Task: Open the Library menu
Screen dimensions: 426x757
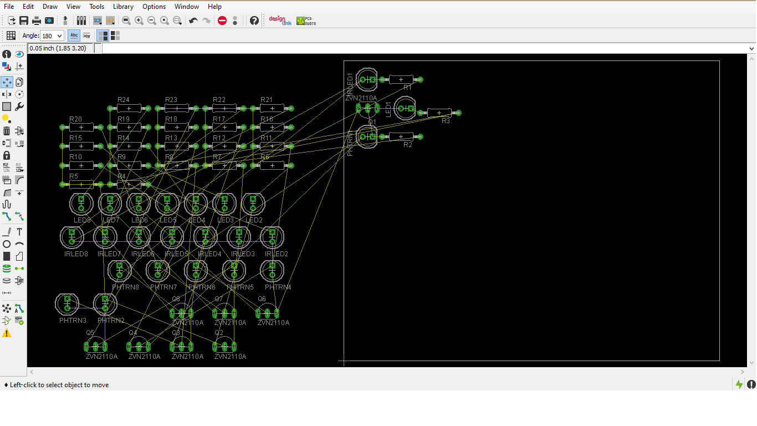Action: click(x=123, y=7)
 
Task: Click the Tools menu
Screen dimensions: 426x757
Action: click(x=96, y=7)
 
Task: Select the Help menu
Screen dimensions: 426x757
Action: click(x=214, y=7)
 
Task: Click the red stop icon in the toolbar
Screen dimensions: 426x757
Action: click(x=222, y=21)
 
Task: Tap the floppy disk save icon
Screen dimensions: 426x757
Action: click(x=24, y=21)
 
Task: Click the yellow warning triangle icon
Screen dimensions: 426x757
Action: click(x=7, y=333)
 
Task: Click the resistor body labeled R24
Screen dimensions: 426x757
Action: click(x=129, y=108)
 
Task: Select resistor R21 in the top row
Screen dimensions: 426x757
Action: click(x=272, y=108)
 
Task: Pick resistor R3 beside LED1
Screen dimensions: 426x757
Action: click(x=439, y=113)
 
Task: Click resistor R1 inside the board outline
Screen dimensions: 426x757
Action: click(x=401, y=79)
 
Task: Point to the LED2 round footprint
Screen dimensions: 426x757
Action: click(x=253, y=204)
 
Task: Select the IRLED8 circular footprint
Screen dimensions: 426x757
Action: click(x=72, y=237)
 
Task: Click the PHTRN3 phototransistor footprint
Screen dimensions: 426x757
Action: click(x=67, y=303)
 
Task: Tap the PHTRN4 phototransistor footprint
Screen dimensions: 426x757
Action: click(x=272, y=271)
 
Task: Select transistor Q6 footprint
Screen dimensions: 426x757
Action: click(x=267, y=312)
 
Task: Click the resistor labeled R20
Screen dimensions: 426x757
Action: click(x=81, y=128)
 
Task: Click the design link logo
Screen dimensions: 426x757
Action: click(x=280, y=21)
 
